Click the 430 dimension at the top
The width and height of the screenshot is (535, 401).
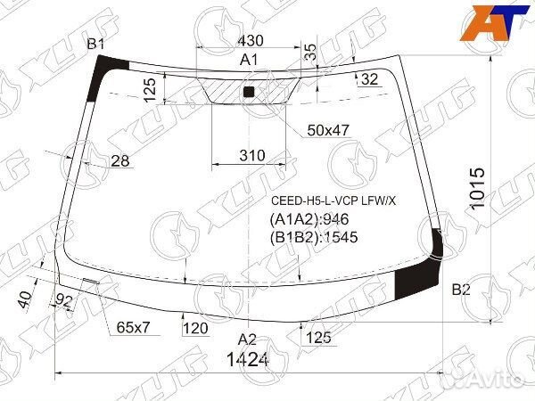[x=250, y=41]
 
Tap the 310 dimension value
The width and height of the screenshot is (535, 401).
[x=252, y=155]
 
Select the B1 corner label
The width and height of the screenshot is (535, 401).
[x=96, y=45]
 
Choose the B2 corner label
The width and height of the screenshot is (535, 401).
[x=461, y=289]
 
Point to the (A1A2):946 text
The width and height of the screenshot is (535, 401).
[x=309, y=220]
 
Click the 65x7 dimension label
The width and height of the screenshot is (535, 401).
[x=134, y=327]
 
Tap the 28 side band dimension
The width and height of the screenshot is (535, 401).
[x=120, y=160]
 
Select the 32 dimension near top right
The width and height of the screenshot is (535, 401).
[x=370, y=80]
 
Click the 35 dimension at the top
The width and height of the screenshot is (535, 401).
[x=309, y=52]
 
